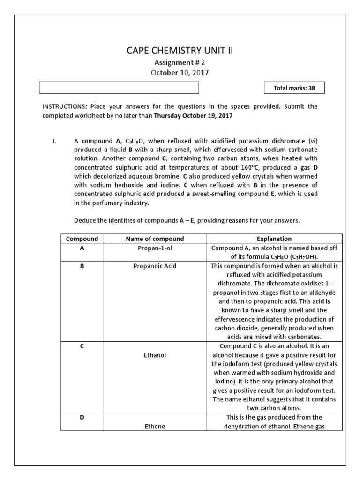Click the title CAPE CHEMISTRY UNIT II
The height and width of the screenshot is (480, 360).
point(180,51)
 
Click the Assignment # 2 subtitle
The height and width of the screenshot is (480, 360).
point(180,62)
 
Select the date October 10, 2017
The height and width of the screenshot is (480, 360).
point(180,73)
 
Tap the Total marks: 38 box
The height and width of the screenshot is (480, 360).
point(294,88)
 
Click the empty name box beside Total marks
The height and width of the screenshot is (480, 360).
point(119,88)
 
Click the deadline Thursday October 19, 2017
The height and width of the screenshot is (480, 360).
point(193,115)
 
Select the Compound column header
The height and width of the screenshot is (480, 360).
point(82,239)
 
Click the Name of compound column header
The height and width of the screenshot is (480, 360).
point(155,239)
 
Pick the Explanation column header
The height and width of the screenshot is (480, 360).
point(275,239)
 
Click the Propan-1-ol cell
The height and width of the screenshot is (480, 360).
point(155,248)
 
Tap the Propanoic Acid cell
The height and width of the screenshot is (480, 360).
point(155,266)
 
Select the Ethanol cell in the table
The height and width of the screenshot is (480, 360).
point(155,355)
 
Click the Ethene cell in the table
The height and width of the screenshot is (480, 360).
point(155,427)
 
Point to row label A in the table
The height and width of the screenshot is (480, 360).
point(82,248)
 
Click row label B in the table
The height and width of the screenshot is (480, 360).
point(82,266)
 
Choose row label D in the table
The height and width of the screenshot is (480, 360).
point(82,417)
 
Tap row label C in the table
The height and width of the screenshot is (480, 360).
point(82,346)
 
